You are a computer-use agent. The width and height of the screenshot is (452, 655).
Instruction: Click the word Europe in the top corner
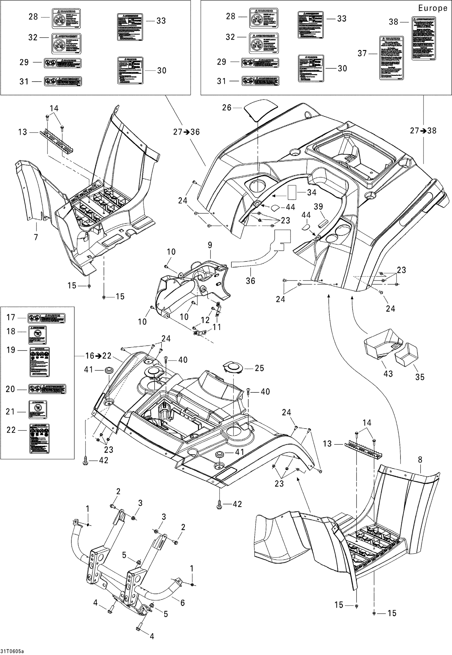point(432,8)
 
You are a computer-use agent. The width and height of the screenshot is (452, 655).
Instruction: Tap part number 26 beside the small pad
point(227,108)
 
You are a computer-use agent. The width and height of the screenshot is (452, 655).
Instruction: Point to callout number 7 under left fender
point(36,237)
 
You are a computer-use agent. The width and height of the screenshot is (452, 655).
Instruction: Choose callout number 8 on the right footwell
point(420,460)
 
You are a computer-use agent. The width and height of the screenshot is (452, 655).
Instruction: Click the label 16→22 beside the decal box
point(98,356)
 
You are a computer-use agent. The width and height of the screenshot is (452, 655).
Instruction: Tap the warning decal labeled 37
point(391,58)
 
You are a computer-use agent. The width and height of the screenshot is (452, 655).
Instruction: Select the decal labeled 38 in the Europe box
point(424,38)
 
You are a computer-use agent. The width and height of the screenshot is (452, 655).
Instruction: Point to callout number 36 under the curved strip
point(250,281)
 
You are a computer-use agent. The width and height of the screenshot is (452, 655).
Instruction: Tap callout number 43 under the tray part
point(388,373)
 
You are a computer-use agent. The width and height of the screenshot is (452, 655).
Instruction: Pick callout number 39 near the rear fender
point(318,207)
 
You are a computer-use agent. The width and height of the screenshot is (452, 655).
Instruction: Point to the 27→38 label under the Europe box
point(423,131)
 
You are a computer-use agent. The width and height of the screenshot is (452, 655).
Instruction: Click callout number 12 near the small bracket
point(206,320)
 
